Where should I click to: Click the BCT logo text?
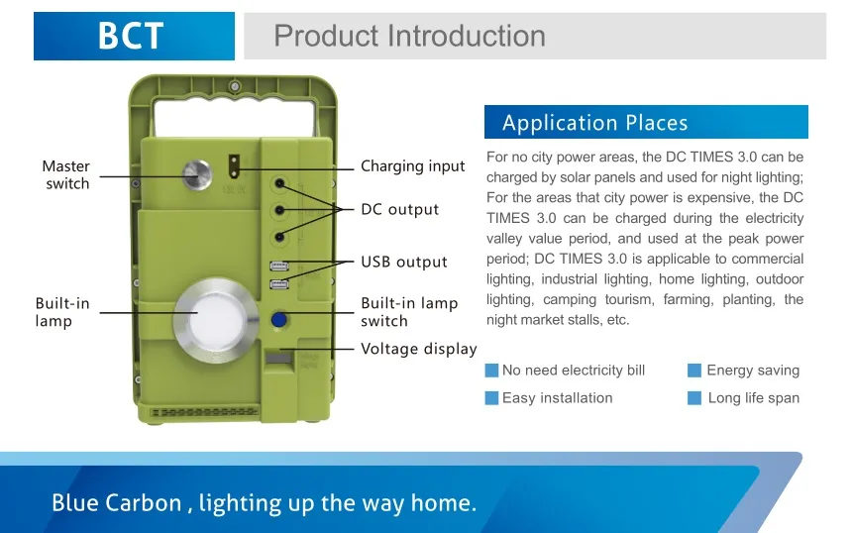pyautogui.click(x=131, y=36)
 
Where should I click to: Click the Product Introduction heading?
pyautogui.click(x=410, y=36)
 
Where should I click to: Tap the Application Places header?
pyautogui.click(x=595, y=123)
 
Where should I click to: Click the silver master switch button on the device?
pyautogui.click(x=197, y=175)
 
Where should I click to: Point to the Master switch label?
pyautogui.click(x=65, y=174)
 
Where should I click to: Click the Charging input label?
pyautogui.click(x=413, y=166)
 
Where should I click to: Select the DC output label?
pyautogui.click(x=400, y=209)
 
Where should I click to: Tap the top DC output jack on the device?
pyautogui.click(x=279, y=183)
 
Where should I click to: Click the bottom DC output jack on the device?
pyautogui.click(x=279, y=237)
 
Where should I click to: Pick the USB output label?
pyautogui.click(x=404, y=262)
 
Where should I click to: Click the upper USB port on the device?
pyautogui.click(x=279, y=266)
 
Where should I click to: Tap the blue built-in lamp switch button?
pyautogui.click(x=278, y=319)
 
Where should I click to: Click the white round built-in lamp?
pyautogui.click(x=217, y=320)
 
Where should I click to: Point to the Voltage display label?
pyautogui.click(x=419, y=349)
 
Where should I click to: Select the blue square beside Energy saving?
pyautogui.click(x=693, y=371)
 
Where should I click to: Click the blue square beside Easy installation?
pyautogui.click(x=491, y=398)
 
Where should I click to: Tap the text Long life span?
pyautogui.click(x=754, y=398)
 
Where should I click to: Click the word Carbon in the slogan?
pyautogui.click(x=144, y=503)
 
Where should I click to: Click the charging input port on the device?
pyautogui.click(x=234, y=166)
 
